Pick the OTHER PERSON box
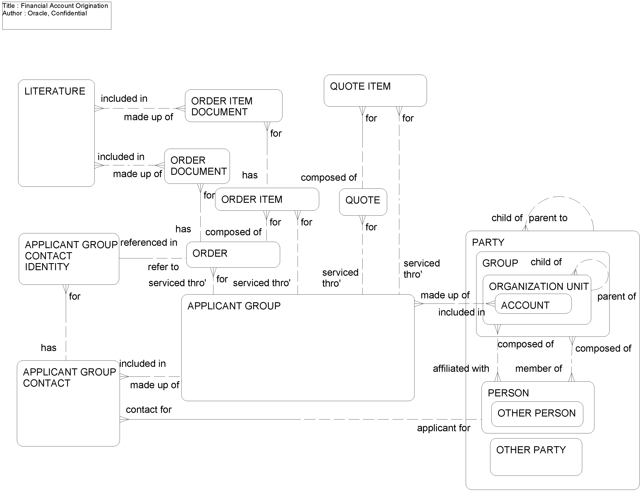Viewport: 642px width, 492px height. tap(537, 414)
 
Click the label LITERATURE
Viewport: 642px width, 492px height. tap(55, 91)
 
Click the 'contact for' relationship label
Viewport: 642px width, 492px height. tap(148, 409)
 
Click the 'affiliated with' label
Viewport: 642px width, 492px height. tap(461, 368)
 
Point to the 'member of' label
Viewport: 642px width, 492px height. tap(538, 368)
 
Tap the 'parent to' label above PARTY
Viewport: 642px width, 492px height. tap(548, 218)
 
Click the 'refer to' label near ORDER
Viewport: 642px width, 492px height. tap(163, 267)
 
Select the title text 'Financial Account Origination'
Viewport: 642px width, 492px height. tap(64, 6)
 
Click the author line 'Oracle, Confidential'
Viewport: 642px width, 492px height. tap(57, 13)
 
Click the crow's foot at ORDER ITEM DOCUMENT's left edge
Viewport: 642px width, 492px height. tap(181, 108)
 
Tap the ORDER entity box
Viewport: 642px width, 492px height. tap(233, 254)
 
